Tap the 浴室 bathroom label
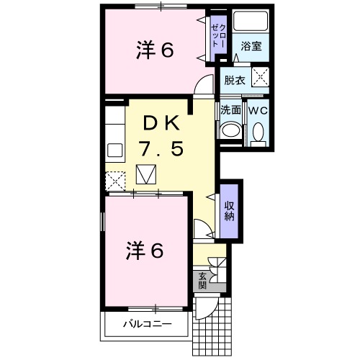click(251, 46)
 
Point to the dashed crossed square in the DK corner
click(115, 179)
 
